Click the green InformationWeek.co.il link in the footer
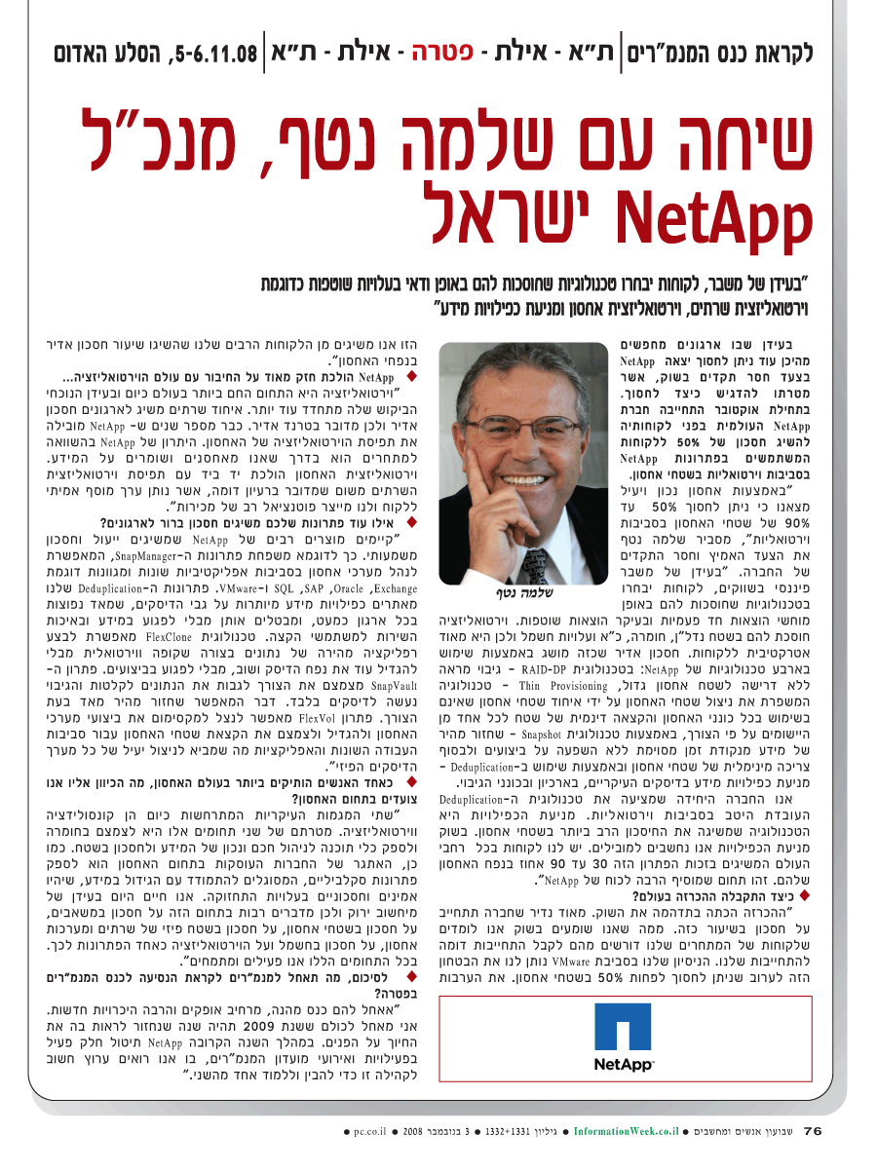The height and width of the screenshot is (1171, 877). pos(625,1132)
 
